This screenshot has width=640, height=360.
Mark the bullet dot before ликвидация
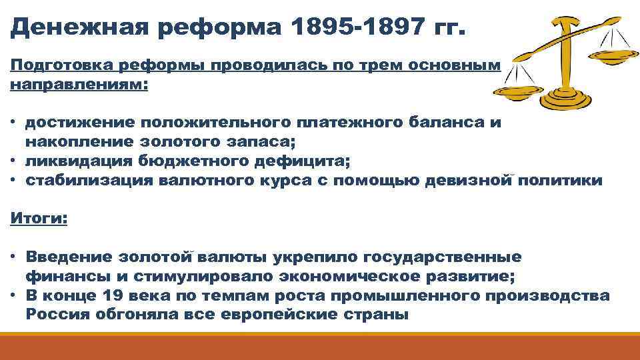pos(14,161)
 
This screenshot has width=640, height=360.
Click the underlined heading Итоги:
pos(39,219)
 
